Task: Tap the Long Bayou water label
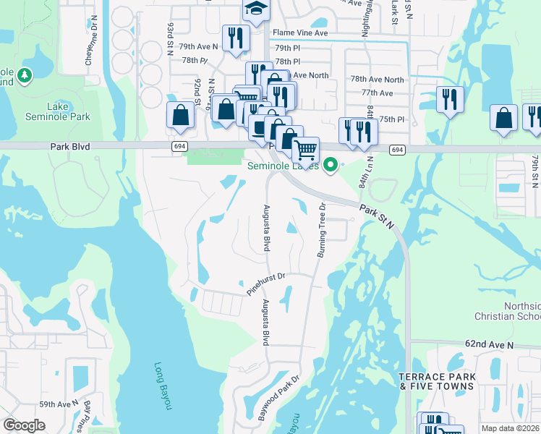pos(163,386)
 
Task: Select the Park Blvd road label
pos(70,146)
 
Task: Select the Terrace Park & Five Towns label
pos(436,381)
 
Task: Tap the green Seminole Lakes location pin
pos(331,166)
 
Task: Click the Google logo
pos(24,425)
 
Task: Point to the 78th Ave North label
pos(377,80)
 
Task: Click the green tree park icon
pos(25,75)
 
